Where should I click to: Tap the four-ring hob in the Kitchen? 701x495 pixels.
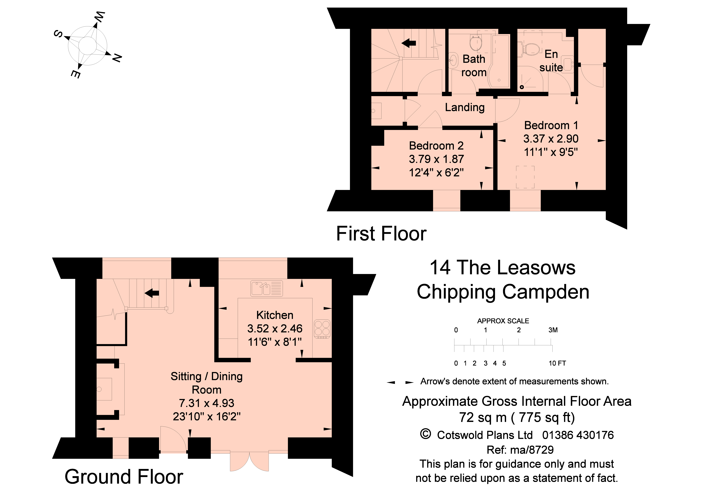[x=322, y=329]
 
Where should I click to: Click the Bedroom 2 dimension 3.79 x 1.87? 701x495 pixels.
[x=436, y=159]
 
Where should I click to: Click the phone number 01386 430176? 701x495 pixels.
[x=578, y=435]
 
